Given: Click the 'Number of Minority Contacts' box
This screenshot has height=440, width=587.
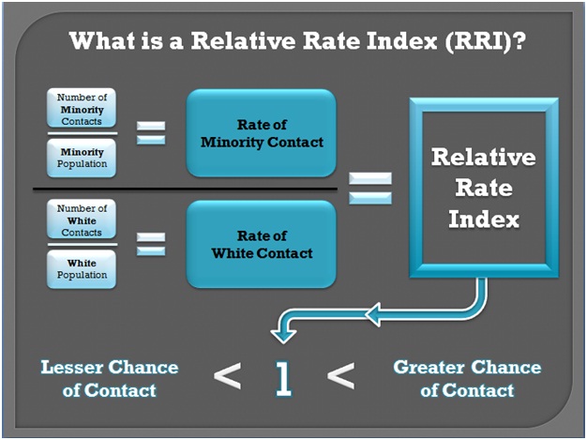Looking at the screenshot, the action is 82,108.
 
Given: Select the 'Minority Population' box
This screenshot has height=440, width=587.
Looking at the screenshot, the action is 82,158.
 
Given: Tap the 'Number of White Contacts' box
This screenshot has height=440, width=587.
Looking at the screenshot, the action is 82,220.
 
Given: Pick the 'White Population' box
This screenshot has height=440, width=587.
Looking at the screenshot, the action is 82,269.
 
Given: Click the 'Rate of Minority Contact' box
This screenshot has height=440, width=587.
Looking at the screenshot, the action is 262,133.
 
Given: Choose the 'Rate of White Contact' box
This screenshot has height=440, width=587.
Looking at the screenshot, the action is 262,244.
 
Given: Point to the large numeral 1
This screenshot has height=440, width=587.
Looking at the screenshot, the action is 283,378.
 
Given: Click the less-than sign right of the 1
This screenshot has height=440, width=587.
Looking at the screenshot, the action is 340,375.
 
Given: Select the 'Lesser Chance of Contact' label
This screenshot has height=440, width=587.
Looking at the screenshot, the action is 110,379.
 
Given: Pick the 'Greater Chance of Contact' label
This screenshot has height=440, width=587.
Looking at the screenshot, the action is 467,379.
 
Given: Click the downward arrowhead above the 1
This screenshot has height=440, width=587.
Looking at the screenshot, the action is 283,335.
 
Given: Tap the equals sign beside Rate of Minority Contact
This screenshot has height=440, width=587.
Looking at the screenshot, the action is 150,133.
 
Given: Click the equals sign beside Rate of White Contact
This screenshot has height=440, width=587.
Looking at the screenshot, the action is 150,244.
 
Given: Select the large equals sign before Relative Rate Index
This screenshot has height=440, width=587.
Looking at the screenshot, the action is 370,188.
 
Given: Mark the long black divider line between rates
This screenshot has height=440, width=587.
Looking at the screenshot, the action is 186,190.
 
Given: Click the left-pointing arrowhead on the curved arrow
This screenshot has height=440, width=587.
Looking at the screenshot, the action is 373,314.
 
